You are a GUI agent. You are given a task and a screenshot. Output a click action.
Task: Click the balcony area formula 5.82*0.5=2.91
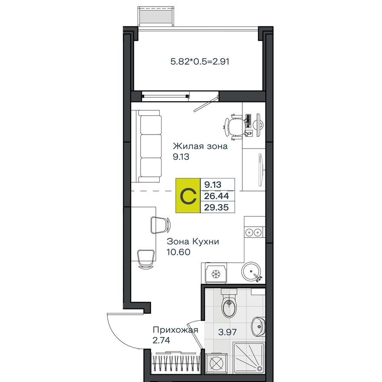[200, 62]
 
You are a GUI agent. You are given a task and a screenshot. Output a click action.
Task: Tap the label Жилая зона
[200, 146]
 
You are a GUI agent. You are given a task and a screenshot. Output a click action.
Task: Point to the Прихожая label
[175, 330]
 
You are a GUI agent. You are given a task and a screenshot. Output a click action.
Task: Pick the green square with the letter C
[188, 196]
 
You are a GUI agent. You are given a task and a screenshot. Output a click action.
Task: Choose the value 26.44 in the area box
[217, 197]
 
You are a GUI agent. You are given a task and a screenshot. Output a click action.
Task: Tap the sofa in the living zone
[150, 146]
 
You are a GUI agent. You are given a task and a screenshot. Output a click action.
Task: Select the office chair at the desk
[236, 126]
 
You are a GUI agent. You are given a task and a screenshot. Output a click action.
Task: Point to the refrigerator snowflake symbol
[215, 274]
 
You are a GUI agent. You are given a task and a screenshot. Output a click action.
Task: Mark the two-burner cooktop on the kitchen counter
[253, 232]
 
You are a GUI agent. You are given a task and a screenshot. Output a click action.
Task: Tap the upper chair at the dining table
[160, 224]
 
